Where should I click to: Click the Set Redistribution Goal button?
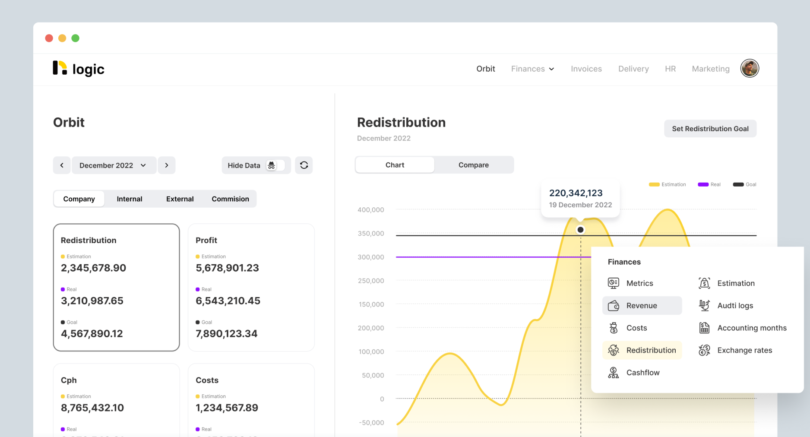[x=710, y=129]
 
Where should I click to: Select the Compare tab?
[x=473, y=165]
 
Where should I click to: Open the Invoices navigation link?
[x=586, y=69]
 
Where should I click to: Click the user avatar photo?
[x=750, y=68]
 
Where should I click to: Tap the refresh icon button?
[x=304, y=165]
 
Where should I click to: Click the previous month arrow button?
[x=62, y=165]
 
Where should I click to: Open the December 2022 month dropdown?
[x=113, y=165]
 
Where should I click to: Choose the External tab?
[x=180, y=199]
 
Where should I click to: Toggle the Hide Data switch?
[x=275, y=165]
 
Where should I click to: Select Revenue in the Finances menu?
[x=642, y=306]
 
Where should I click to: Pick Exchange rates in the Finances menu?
[x=744, y=350]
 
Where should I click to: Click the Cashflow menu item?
[x=642, y=373]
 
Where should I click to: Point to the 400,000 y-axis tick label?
[x=370, y=210]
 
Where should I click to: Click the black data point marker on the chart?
[x=581, y=230]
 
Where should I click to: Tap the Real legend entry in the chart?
[x=709, y=184]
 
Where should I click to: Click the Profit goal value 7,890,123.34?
[x=226, y=334]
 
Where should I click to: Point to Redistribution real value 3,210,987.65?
[x=92, y=301]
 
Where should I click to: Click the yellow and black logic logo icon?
[x=60, y=68]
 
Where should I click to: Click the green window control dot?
[x=76, y=38]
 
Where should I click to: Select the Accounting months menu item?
[x=751, y=328]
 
